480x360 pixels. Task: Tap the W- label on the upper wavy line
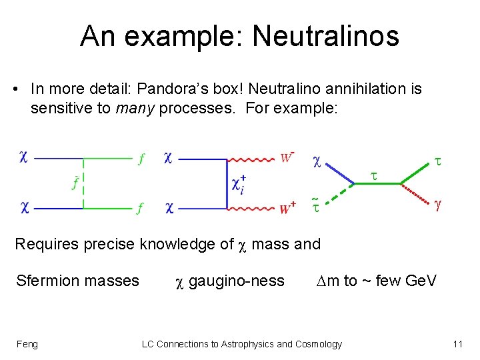287,157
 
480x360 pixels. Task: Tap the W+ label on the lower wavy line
287,209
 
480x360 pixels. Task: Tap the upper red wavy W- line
251,159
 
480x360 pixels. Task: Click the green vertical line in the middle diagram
227,184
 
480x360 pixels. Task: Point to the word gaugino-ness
236,281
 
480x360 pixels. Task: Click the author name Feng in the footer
27,344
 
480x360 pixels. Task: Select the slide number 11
457,344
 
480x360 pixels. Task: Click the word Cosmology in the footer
319,344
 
